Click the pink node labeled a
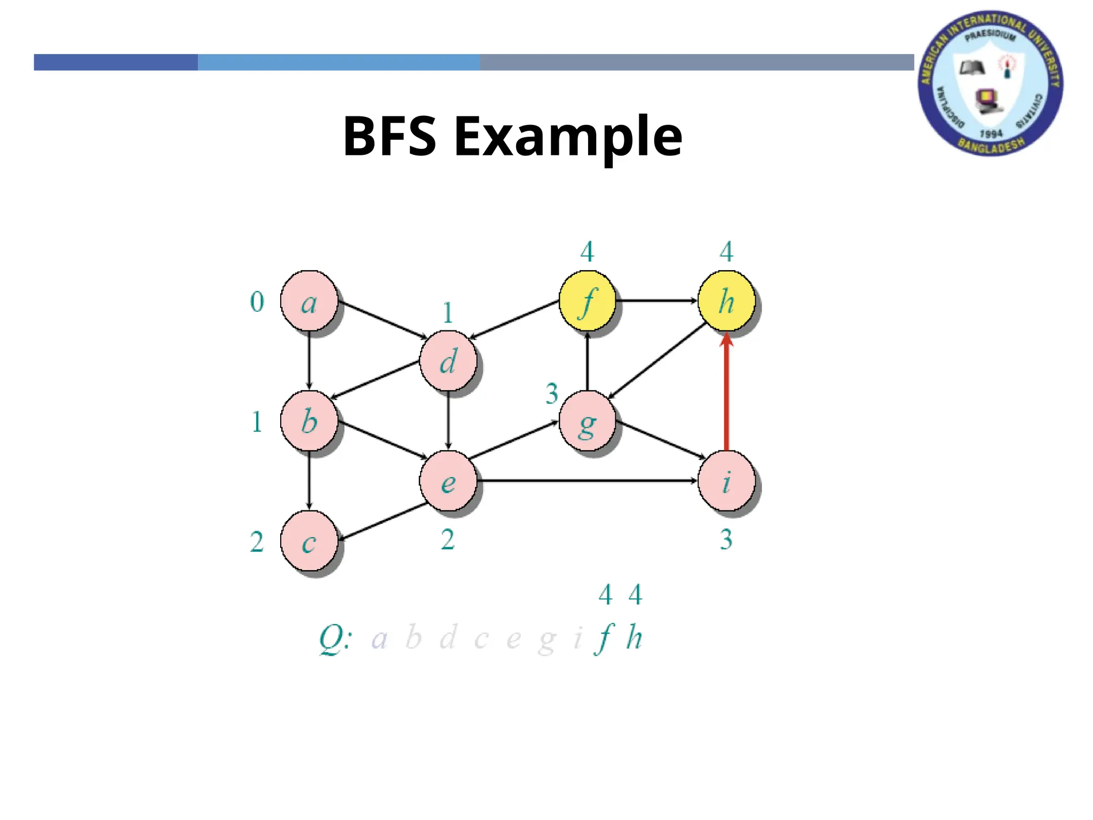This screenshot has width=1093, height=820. click(309, 301)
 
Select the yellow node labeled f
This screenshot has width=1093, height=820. click(587, 301)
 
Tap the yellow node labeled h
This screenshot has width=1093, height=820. click(726, 301)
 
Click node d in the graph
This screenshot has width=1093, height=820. click(448, 360)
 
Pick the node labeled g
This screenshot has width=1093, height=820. click(587, 421)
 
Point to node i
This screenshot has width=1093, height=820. click(726, 480)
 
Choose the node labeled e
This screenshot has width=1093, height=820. click(448, 480)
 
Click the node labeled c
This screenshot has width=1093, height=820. click(309, 541)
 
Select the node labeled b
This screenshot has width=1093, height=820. click(309, 421)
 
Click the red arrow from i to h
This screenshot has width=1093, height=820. click(726, 395)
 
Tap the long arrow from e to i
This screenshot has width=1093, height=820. click(587, 480)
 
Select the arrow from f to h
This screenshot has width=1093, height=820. click(656, 301)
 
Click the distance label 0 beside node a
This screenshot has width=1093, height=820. click(257, 302)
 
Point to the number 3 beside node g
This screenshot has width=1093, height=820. click(552, 394)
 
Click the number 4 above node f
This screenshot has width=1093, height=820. click(587, 251)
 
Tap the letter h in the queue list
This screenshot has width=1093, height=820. click(634, 637)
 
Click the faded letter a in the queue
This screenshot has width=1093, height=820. click(379, 639)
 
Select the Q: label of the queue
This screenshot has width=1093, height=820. click(335, 639)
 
